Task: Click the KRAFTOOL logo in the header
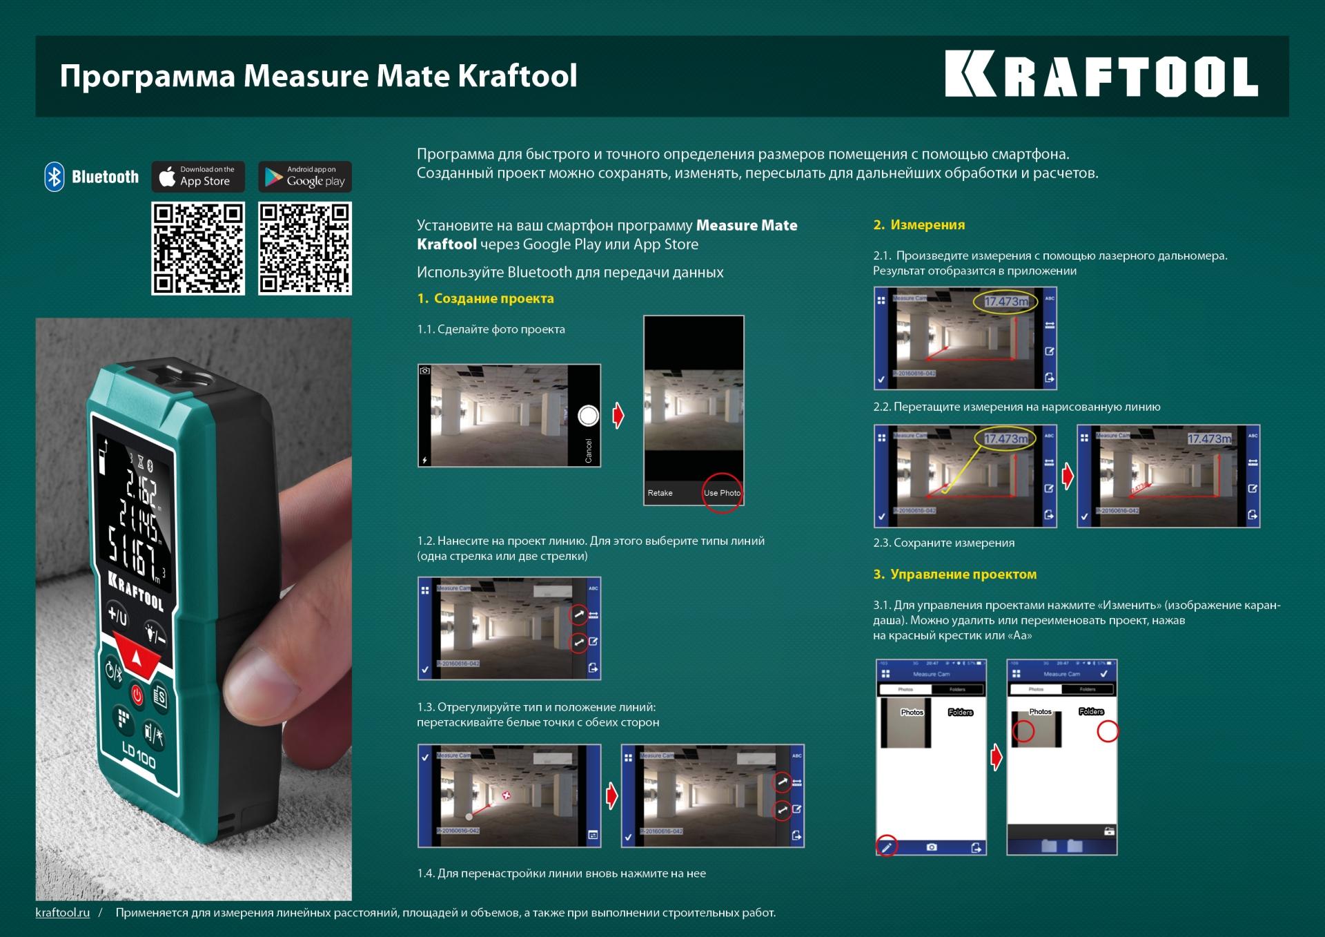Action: (1101, 75)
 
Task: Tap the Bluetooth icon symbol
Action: (55, 177)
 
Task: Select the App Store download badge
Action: (198, 177)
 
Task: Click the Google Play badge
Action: (305, 177)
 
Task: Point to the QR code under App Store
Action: (198, 249)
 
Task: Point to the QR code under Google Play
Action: (305, 249)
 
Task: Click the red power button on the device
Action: (137, 694)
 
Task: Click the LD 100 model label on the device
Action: (139, 755)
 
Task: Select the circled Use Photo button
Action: (722, 492)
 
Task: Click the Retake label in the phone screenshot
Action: (660, 493)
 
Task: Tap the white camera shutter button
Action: (588, 416)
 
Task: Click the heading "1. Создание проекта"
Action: (485, 298)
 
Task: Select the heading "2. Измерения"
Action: (919, 224)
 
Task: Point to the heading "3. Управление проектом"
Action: (954, 574)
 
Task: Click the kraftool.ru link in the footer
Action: (63, 913)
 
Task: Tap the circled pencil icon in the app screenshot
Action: (887, 847)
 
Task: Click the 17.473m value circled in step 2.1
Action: (1005, 302)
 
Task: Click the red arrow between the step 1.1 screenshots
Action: (618, 416)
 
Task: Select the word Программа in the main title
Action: (147, 76)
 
